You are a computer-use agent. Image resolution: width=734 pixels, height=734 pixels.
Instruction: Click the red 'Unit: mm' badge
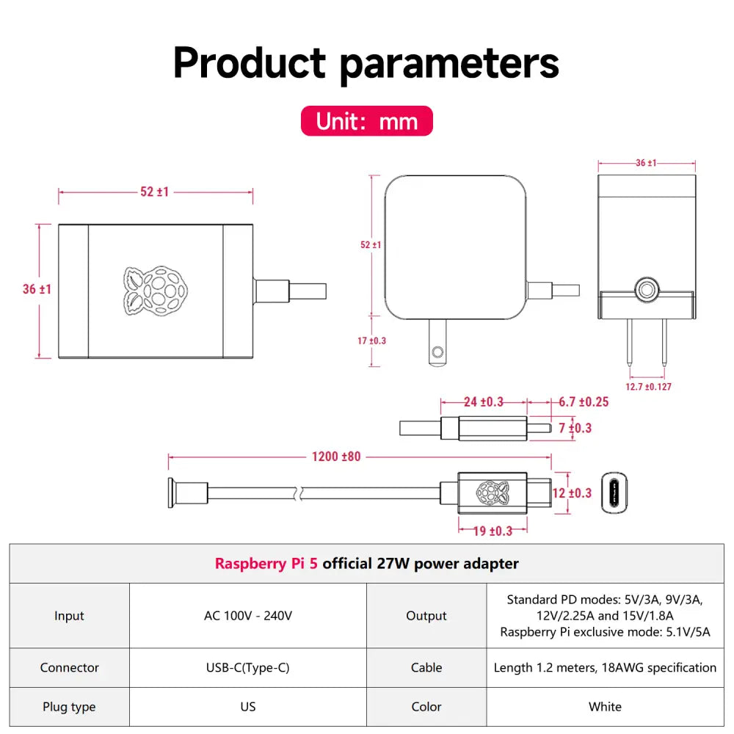point(366,121)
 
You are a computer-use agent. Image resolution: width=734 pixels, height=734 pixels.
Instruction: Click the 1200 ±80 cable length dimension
point(336,457)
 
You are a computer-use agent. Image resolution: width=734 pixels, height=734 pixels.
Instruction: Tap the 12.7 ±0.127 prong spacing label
point(648,387)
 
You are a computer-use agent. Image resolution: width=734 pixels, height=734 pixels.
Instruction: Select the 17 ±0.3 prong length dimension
point(371,341)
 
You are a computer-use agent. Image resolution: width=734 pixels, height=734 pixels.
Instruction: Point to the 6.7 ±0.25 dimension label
point(584,402)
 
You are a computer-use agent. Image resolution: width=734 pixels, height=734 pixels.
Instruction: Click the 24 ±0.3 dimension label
point(484,402)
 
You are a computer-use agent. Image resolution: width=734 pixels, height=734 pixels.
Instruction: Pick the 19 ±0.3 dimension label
point(493,531)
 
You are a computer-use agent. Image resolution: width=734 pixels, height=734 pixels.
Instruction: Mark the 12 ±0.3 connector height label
point(572,493)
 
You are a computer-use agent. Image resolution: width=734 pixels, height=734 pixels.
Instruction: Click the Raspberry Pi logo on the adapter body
point(156,291)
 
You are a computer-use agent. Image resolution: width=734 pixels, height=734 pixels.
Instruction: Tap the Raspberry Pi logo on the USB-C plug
point(493,493)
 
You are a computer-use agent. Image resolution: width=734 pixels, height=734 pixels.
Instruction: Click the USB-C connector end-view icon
point(614,493)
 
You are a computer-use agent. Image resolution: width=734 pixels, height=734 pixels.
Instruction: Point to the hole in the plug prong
point(437,352)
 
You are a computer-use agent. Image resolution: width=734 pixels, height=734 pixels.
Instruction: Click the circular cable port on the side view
point(647,290)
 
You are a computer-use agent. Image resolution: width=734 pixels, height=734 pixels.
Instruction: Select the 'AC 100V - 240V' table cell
point(248,616)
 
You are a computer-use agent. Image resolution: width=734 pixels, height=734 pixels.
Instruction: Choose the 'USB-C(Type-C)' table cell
point(248,667)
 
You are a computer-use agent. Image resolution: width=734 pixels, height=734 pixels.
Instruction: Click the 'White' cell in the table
point(606,706)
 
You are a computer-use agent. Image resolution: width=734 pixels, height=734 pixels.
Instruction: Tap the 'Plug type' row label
point(69,706)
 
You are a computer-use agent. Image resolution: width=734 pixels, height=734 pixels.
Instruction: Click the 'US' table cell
point(248,706)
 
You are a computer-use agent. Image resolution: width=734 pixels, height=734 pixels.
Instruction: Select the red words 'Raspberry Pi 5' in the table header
point(266,564)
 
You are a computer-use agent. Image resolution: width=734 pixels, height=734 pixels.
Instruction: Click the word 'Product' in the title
point(249,62)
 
